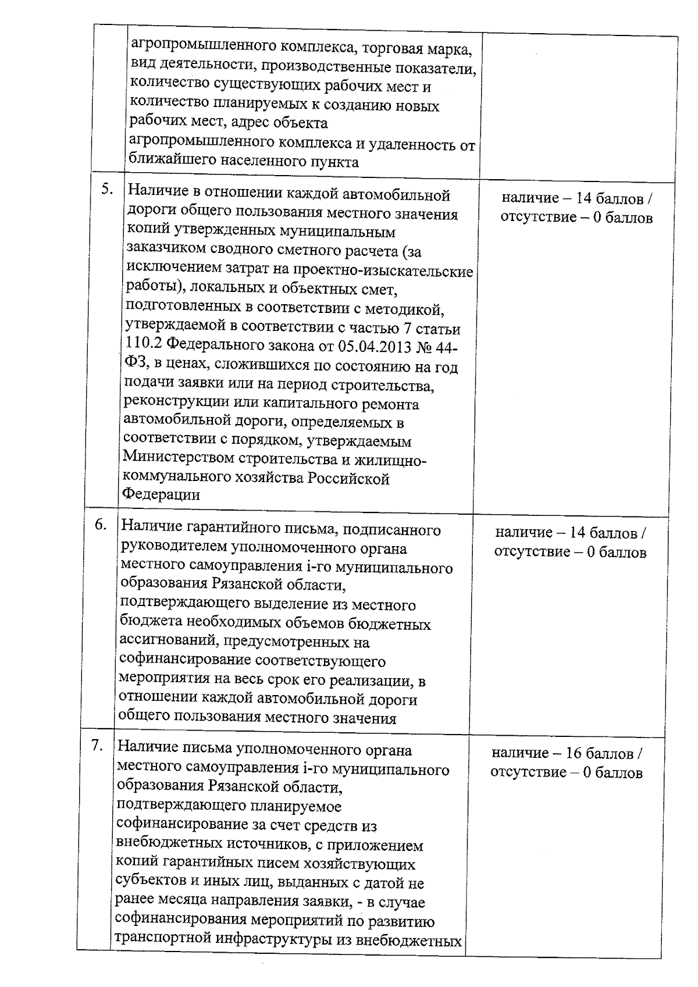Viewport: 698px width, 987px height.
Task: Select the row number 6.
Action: click(x=101, y=524)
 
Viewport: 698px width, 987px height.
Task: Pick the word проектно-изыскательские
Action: click(x=383, y=272)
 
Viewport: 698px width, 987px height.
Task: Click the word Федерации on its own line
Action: click(x=161, y=494)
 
